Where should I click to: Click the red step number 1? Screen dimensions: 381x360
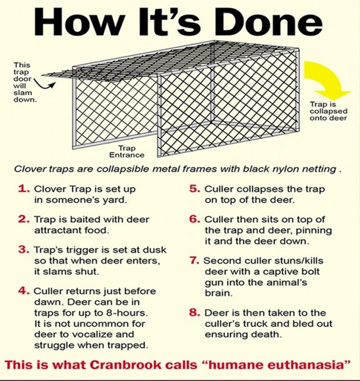click(24, 189)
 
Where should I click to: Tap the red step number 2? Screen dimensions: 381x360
click(24, 220)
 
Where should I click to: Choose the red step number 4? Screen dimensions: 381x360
click(24, 291)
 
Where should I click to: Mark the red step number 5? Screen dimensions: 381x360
click(195, 189)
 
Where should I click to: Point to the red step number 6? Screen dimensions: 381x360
click(195, 220)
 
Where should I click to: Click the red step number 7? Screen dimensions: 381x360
click(195, 260)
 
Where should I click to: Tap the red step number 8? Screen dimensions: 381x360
click(195, 313)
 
